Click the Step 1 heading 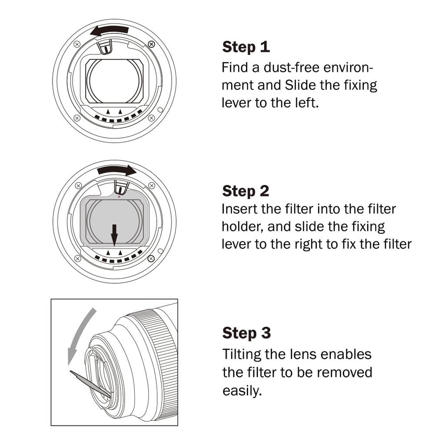(x=246, y=47)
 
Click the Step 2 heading (x=246, y=191)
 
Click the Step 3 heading (x=246, y=333)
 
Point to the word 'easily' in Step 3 (x=241, y=390)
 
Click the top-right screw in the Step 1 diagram (x=151, y=44)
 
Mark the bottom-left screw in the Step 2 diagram (x=77, y=259)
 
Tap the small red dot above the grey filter (x=120, y=196)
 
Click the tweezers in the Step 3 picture (x=89, y=382)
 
